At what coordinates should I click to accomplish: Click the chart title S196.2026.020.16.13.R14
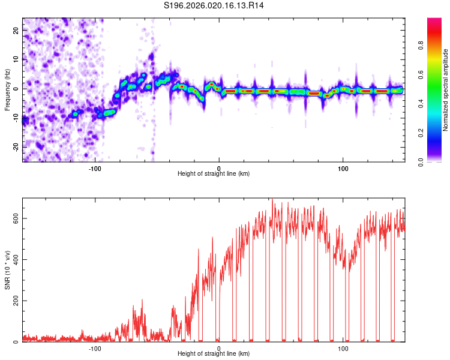click(x=214, y=5)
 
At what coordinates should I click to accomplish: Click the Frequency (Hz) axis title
click(x=7, y=90)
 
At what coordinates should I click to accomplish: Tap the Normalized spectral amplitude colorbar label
click(x=445, y=90)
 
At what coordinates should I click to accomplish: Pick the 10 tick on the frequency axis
click(x=16, y=59)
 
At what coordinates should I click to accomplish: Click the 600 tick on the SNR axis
click(x=14, y=218)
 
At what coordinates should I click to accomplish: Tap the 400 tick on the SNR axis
click(x=14, y=259)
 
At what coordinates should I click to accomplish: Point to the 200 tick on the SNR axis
click(x=14, y=301)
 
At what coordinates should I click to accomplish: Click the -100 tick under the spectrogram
click(x=95, y=167)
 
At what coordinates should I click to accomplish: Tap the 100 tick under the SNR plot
click(x=343, y=347)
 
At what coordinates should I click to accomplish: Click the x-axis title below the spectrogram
click(x=214, y=174)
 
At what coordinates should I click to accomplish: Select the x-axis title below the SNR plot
click(x=214, y=354)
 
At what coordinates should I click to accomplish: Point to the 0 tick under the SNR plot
click(x=219, y=347)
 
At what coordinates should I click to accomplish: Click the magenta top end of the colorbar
click(x=434, y=20)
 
